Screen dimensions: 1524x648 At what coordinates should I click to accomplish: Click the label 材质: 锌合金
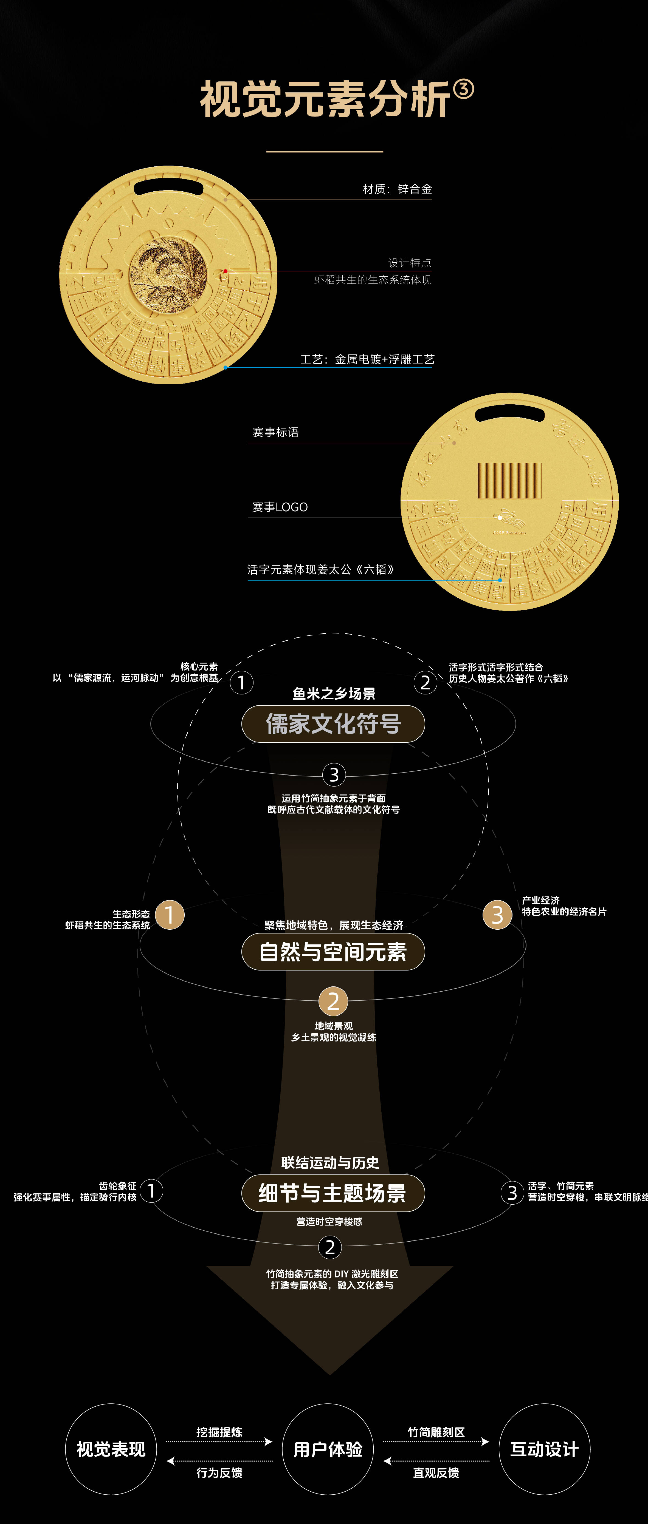(x=397, y=189)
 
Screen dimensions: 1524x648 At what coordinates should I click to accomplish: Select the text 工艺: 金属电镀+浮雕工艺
(x=367, y=359)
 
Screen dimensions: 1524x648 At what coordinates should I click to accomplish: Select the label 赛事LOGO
(x=280, y=507)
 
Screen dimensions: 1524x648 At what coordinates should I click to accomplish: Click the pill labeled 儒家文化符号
(x=333, y=723)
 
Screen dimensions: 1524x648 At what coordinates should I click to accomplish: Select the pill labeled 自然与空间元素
(x=333, y=951)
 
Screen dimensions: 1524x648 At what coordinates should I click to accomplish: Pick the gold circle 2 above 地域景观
(x=333, y=1001)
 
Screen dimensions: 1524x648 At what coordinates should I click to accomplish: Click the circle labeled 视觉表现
(x=111, y=1449)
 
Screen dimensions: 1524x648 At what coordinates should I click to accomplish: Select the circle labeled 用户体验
(x=328, y=1449)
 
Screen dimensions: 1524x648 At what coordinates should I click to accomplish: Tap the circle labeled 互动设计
(x=545, y=1449)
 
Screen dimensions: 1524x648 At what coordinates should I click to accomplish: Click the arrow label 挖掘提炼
(x=219, y=1432)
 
